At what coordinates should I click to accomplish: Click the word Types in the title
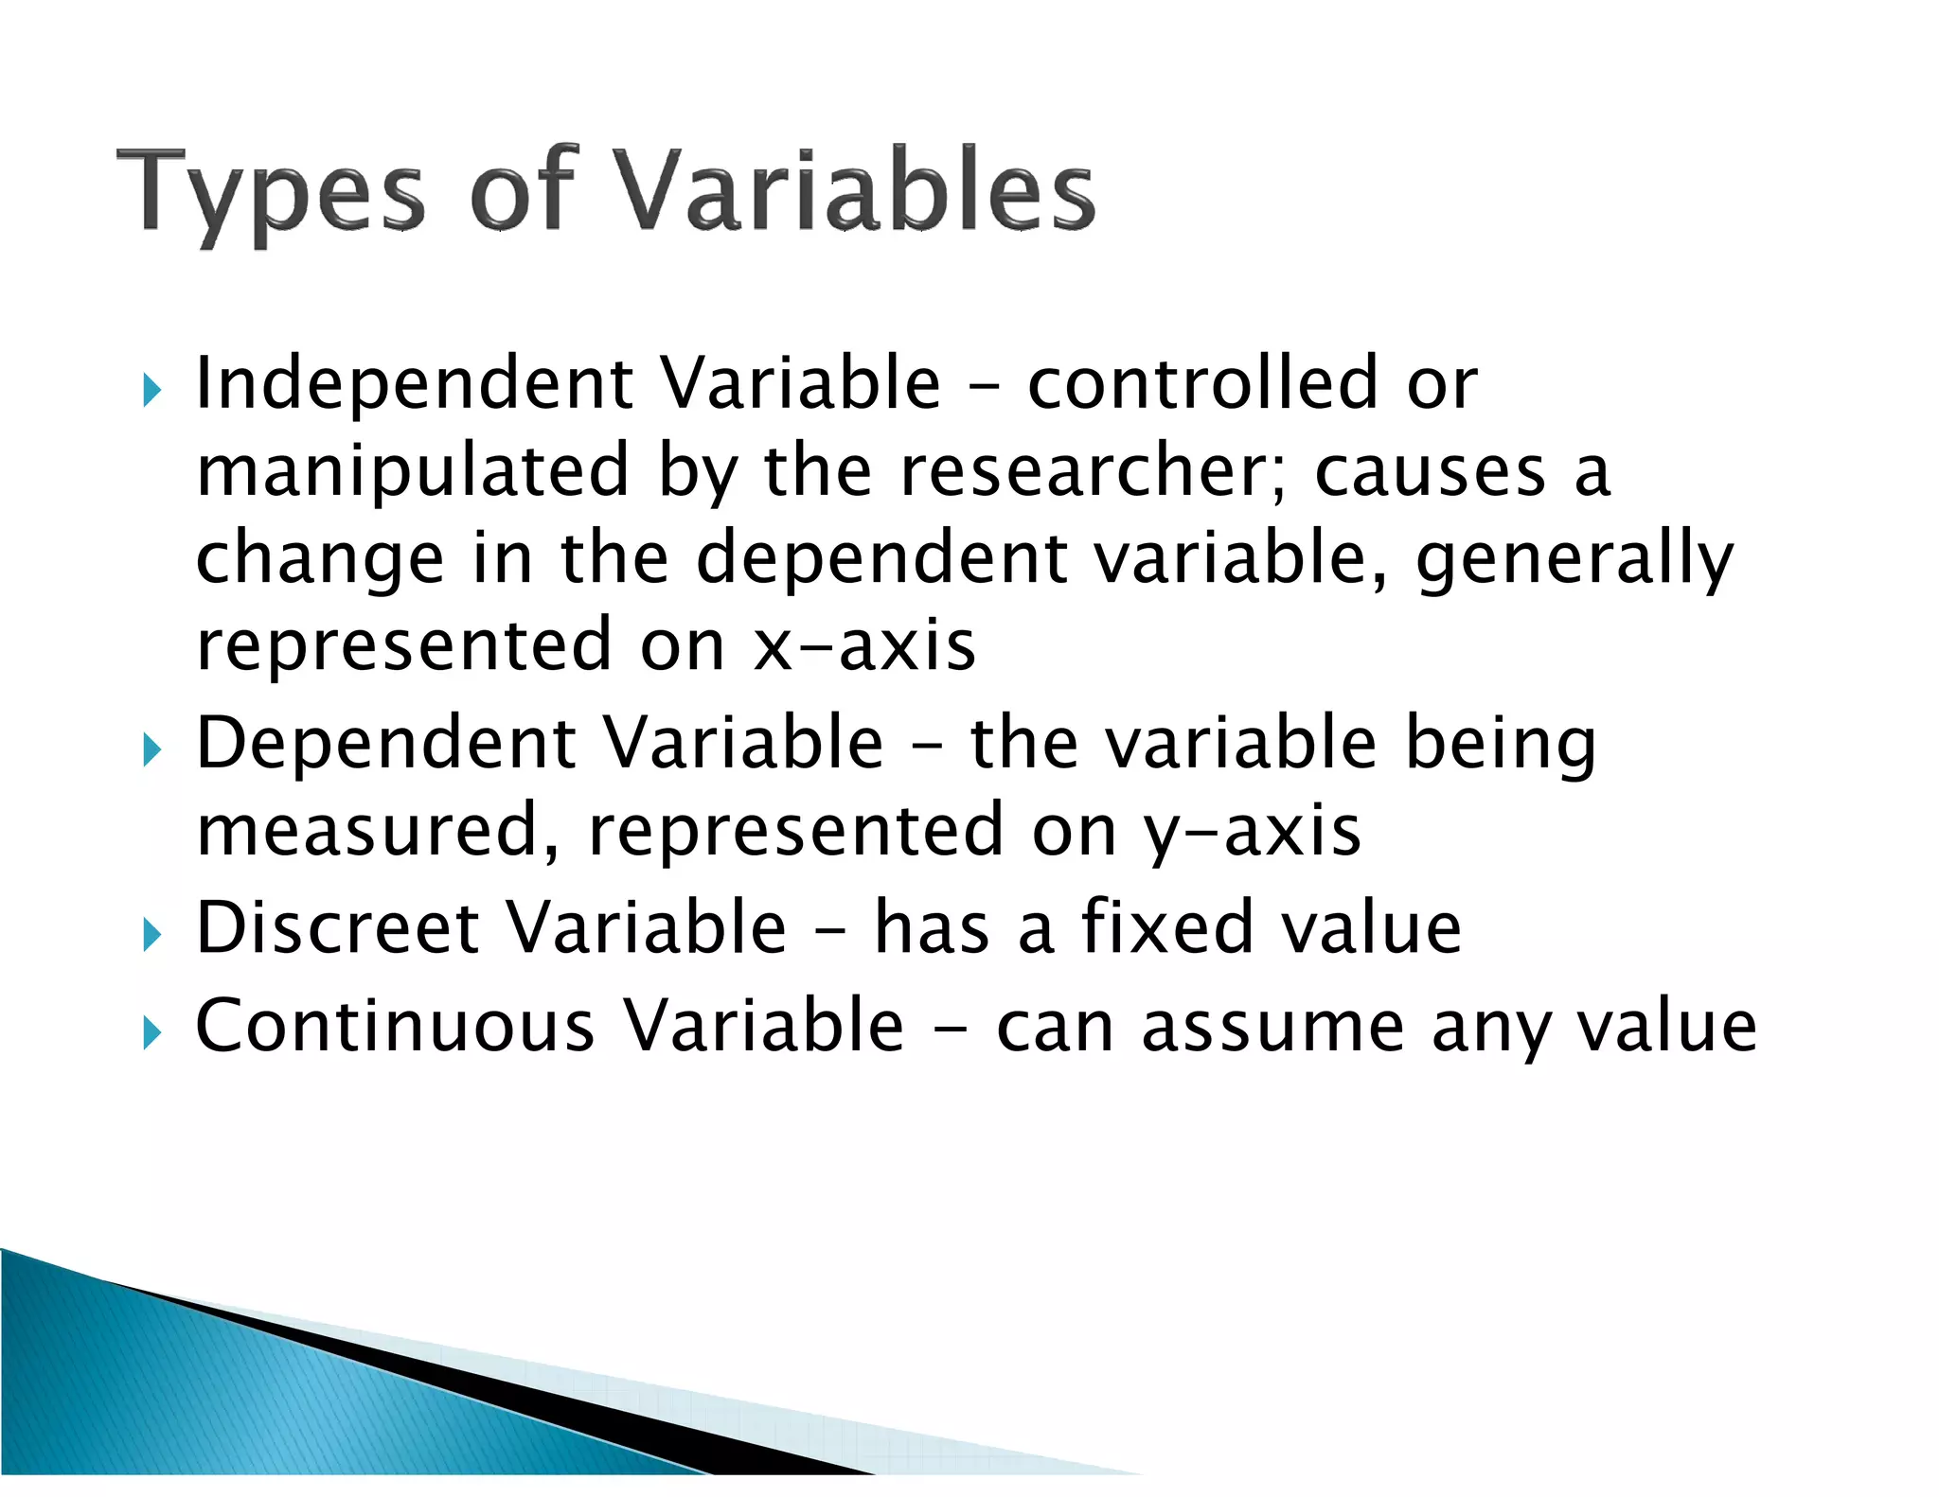[271, 194]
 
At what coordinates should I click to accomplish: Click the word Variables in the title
[857, 189]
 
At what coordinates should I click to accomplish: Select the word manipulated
[413, 471]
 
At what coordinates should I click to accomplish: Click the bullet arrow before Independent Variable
[151, 389]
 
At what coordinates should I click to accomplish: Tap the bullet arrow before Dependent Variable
[151, 750]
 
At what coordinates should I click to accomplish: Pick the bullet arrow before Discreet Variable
[151, 935]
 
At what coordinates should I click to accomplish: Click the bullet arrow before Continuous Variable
[151, 1032]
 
